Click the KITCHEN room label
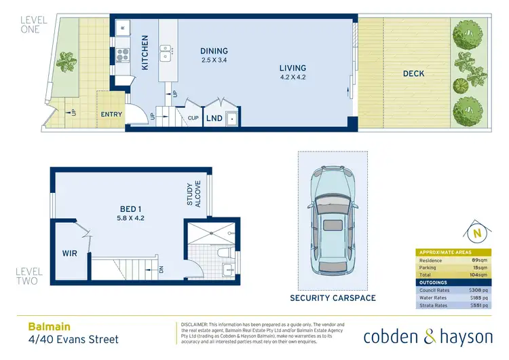pyautogui.click(x=145, y=53)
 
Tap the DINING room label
pyautogui.click(x=214, y=51)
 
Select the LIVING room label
pyautogui.click(x=293, y=68)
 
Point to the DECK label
pyautogui.click(x=414, y=74)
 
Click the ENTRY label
pyautogui.click(x=111, y=114)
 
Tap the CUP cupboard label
pyautogui.click(x=193, y=118)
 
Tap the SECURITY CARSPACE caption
pyautogui.click(x=333, y=298)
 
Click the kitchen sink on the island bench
pyautogui.click(x=165, y=49)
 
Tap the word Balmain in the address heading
pyautogui.click(x=47, y=326)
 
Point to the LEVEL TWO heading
pyautogui.click(x=30, y=276)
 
